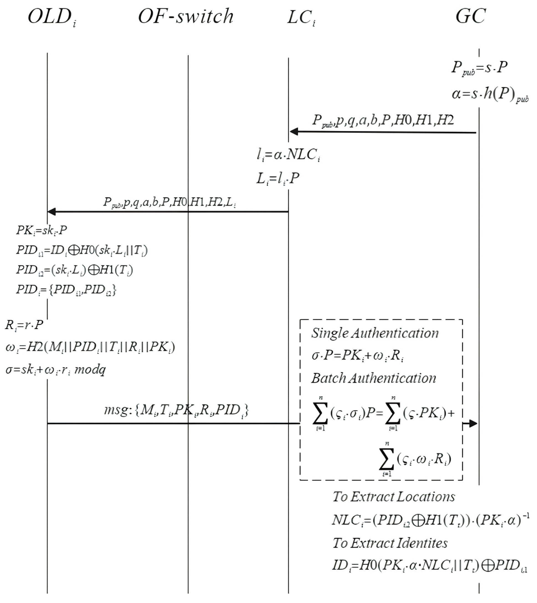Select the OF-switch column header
(186, 16)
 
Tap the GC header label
(470, 16)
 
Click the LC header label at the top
(301, 17)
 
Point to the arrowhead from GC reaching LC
(294, 132)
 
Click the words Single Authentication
(375, 333)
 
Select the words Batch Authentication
(374, 378)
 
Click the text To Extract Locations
(394, 497)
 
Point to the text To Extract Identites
(390, 543)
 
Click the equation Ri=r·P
(24, 325)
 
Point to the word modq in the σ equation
(90, 370)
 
